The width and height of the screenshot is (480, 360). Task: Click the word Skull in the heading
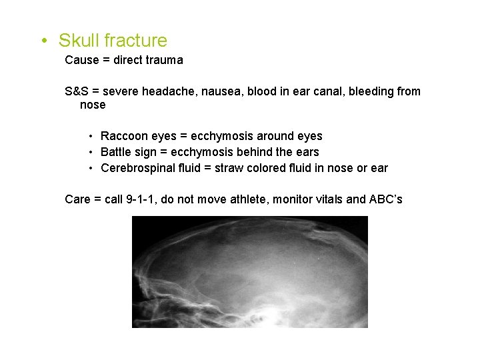click(78, 41)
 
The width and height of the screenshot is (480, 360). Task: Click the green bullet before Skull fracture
click(43, 41)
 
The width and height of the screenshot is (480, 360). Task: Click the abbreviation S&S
click(77, 91)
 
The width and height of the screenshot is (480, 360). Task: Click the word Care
click(77, 199)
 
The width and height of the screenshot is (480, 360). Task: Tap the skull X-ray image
click(250, 271)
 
